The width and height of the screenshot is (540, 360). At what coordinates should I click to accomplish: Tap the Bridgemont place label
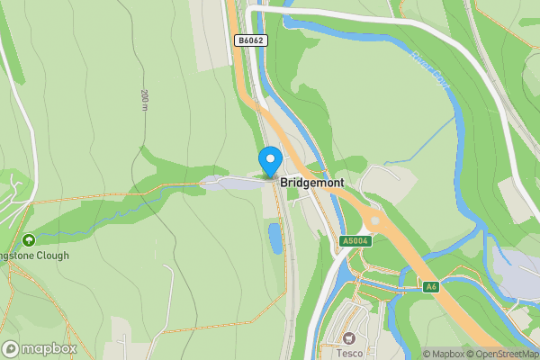pos(310,182)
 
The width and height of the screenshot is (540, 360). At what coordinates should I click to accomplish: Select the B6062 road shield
pos(250,40)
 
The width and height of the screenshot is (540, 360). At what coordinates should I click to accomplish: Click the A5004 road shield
pos(356,241)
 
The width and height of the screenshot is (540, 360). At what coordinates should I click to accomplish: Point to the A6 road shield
pos(432,286)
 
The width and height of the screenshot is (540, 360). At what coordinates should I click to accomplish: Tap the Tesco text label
pos(350,353)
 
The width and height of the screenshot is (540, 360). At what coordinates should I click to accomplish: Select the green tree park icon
pos(29,240)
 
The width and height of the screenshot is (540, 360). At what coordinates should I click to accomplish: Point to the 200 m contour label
pos(144,100)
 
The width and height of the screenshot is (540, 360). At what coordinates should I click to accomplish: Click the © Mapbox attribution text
pos(443,354)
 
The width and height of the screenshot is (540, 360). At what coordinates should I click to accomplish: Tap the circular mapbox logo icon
pos(11,349)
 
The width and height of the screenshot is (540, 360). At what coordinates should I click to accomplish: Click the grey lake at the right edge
pos(517,275)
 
